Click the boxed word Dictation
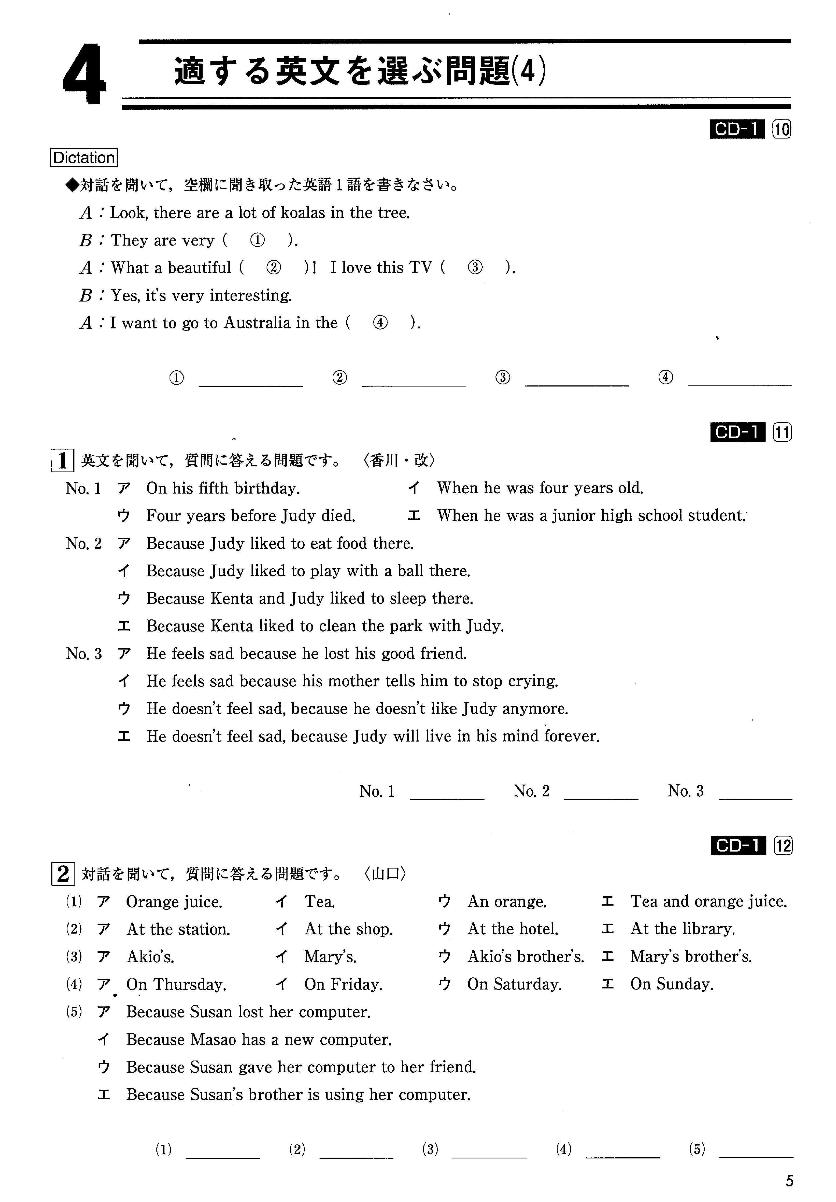(84, 158)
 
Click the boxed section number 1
(62, 461)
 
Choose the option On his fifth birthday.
(223, 488)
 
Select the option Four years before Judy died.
(251, 516)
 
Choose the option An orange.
(507, 902)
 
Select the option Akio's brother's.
(525, 956)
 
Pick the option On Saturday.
(514, 984)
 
